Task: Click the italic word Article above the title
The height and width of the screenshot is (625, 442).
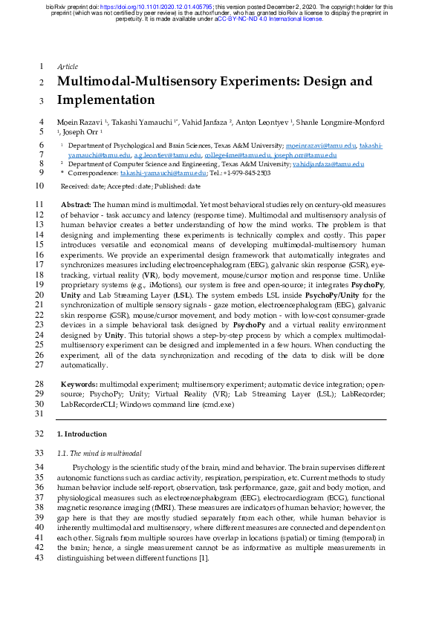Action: click(x=68, y=66)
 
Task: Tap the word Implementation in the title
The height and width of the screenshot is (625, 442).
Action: click(x=105, y=99)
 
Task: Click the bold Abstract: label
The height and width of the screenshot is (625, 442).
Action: click(x=76, y=203)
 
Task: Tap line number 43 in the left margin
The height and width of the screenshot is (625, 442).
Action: click(x=40, y=557)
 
